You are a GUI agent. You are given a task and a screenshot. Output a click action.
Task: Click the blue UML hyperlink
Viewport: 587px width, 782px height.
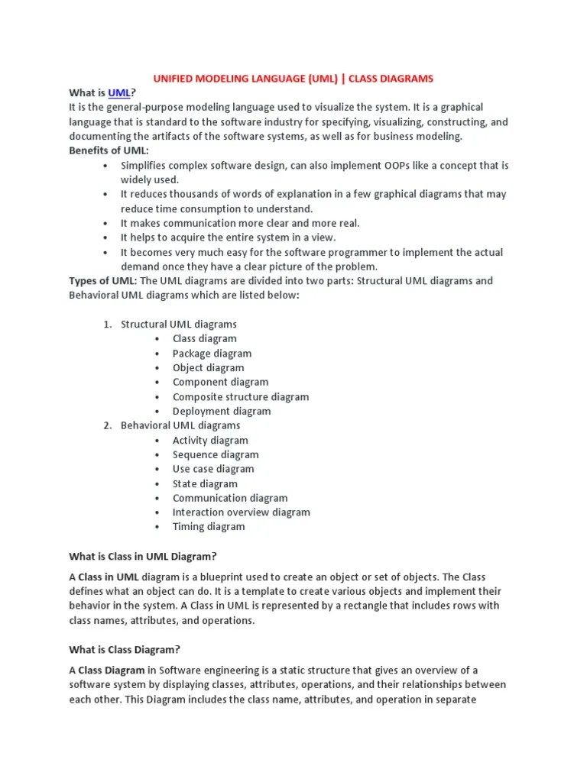click(119, 92)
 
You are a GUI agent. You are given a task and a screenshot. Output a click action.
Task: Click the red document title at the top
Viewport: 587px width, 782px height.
click(293, 78)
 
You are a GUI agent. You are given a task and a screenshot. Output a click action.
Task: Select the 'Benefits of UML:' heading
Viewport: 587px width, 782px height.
click(109, 150)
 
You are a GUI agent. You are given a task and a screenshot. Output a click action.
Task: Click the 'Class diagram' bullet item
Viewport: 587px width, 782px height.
click(204, 338)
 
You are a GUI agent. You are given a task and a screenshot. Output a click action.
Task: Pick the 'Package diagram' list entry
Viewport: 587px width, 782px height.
click(211, 353)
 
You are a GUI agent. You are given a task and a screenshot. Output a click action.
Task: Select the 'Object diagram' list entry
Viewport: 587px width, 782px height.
click(208, 367)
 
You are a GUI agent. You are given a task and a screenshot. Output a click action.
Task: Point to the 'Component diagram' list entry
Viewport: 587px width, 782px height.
click(220, 382)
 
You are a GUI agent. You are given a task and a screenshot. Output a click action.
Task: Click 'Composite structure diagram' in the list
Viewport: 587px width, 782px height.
click(240, 396)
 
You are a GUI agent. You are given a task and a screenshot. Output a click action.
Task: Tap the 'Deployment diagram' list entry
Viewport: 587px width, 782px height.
click(221, 411)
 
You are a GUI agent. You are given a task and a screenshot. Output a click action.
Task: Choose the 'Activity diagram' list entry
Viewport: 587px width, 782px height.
click(209, 440)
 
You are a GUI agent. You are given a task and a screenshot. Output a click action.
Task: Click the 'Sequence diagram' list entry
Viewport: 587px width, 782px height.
click(215, 454)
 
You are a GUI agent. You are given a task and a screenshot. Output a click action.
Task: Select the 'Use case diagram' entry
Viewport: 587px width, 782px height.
click(212, 469)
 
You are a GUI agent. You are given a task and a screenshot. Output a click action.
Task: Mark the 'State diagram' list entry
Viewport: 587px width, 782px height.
click(204, 483)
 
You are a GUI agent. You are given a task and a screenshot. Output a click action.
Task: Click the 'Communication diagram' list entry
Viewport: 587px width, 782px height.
click(229, 498)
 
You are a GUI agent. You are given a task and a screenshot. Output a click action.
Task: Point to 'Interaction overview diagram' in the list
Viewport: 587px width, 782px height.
click(241, 512)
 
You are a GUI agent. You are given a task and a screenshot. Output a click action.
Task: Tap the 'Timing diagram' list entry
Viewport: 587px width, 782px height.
click(208, 526)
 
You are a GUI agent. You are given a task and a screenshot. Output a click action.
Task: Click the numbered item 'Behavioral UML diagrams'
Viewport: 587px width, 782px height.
click(180, 425)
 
